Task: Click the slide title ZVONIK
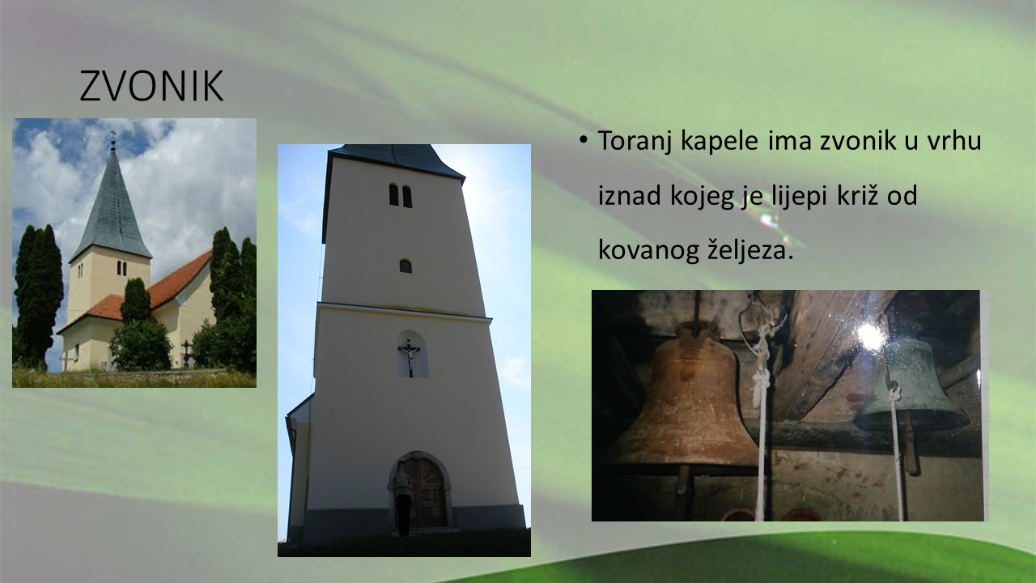[151, 86]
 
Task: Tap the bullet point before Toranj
[584, 139]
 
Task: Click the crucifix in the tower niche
[410, 357]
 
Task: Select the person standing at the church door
[402, 498]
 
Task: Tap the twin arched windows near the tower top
[400, 195]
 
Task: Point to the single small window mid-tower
[405, 266]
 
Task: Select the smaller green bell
[911, 384]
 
